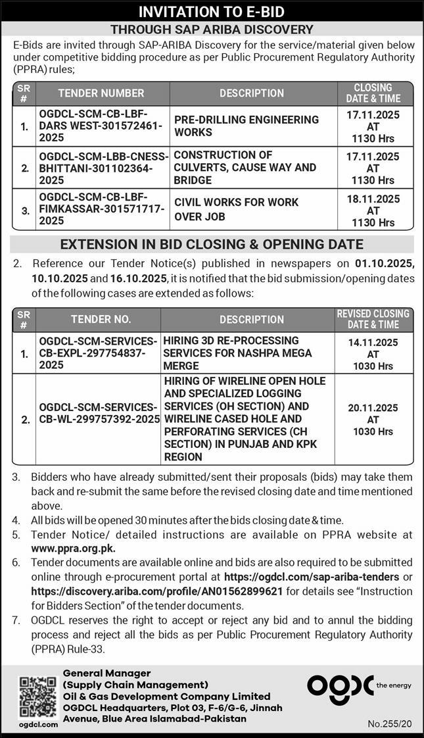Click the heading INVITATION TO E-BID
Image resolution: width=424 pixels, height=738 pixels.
[x=212, y=12]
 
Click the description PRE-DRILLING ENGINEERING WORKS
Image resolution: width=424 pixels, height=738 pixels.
[x=247, y=126]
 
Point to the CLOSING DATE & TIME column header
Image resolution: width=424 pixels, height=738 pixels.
[x=373, y=93]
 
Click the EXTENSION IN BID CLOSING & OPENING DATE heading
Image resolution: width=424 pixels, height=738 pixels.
[x=212, y=245]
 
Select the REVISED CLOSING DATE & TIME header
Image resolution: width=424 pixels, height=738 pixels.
[x=373, y=319]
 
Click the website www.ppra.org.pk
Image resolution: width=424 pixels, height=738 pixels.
[x=74, y=547]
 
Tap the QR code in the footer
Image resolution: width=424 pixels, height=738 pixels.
[x=37, y=697]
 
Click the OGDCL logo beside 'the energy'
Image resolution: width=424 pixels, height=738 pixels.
[x=340, y=685]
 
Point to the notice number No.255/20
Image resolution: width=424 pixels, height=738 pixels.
[x=390, y=724]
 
